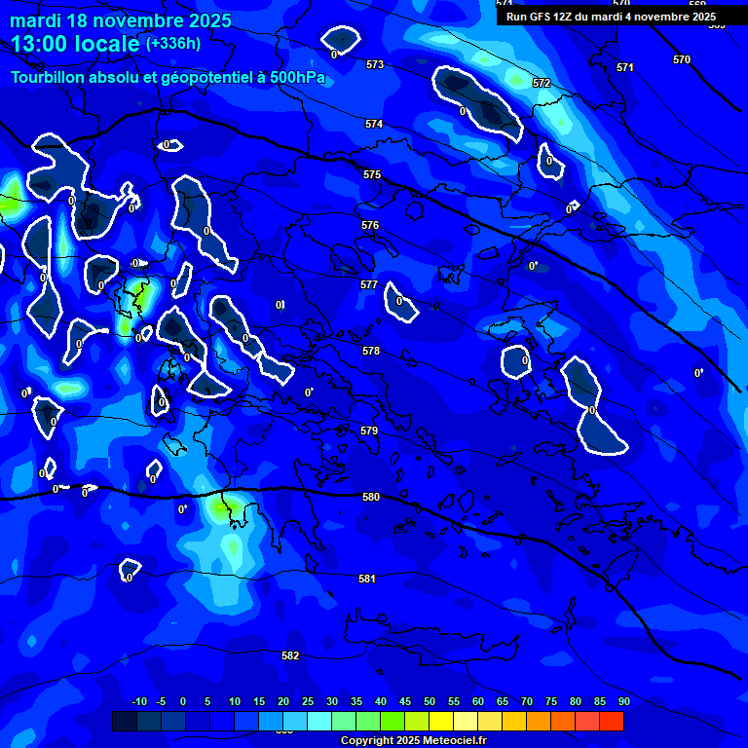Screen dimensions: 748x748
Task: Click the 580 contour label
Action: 370,497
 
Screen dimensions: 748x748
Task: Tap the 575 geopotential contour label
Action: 372,174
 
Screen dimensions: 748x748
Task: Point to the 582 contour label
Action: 290,655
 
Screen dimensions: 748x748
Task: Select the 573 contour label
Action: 375,64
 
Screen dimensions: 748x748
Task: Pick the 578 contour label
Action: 371,351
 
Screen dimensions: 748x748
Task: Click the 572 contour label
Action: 542,83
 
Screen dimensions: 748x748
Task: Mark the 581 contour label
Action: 367,579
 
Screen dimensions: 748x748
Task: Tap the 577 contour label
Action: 369,284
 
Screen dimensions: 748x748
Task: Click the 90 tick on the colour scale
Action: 623,701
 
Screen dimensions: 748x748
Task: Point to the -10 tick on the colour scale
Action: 138,701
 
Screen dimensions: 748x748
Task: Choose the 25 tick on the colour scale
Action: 308,701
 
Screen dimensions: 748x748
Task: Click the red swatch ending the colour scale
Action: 612,721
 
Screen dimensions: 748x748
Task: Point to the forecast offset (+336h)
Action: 173,44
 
